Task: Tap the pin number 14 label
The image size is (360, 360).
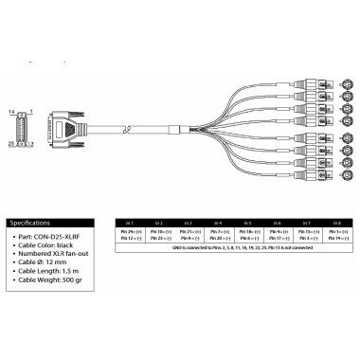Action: pos(11,113)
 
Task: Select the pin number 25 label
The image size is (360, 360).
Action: pos(11,143)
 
